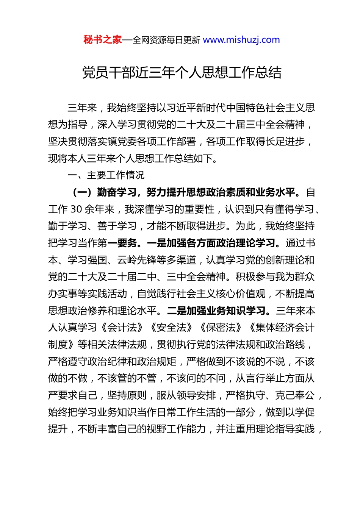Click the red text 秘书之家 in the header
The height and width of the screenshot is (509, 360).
(x=102, y=40)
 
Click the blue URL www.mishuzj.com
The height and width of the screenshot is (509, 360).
(x=241, y=40)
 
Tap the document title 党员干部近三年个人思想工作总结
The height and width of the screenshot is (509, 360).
(x=182, y=72)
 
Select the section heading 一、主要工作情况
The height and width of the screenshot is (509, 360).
(x=106, y=175)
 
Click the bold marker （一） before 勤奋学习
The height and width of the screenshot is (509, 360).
(x=82, y=192)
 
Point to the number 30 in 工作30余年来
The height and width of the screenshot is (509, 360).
(x=76, y=209)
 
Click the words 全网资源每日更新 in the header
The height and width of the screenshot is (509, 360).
(x=166, y=40)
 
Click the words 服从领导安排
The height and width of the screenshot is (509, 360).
(x=186, y=395)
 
